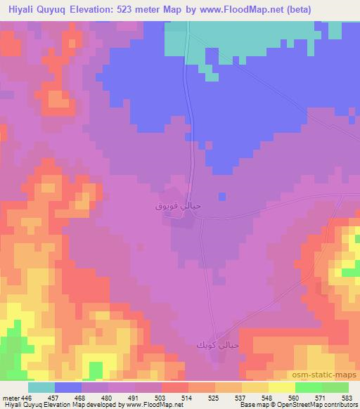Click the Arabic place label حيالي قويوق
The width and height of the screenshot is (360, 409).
[172, 207]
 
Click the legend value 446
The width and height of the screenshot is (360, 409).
[26, 397]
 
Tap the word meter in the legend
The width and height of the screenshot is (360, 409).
[10, 397]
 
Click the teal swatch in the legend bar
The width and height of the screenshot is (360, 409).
[41, 387]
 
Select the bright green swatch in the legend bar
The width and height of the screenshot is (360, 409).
[308, 387]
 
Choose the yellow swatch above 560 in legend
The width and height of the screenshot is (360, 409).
[281, 387]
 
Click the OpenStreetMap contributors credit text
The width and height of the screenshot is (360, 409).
[321, 405]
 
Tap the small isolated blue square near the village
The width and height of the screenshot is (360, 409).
[222, 197]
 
